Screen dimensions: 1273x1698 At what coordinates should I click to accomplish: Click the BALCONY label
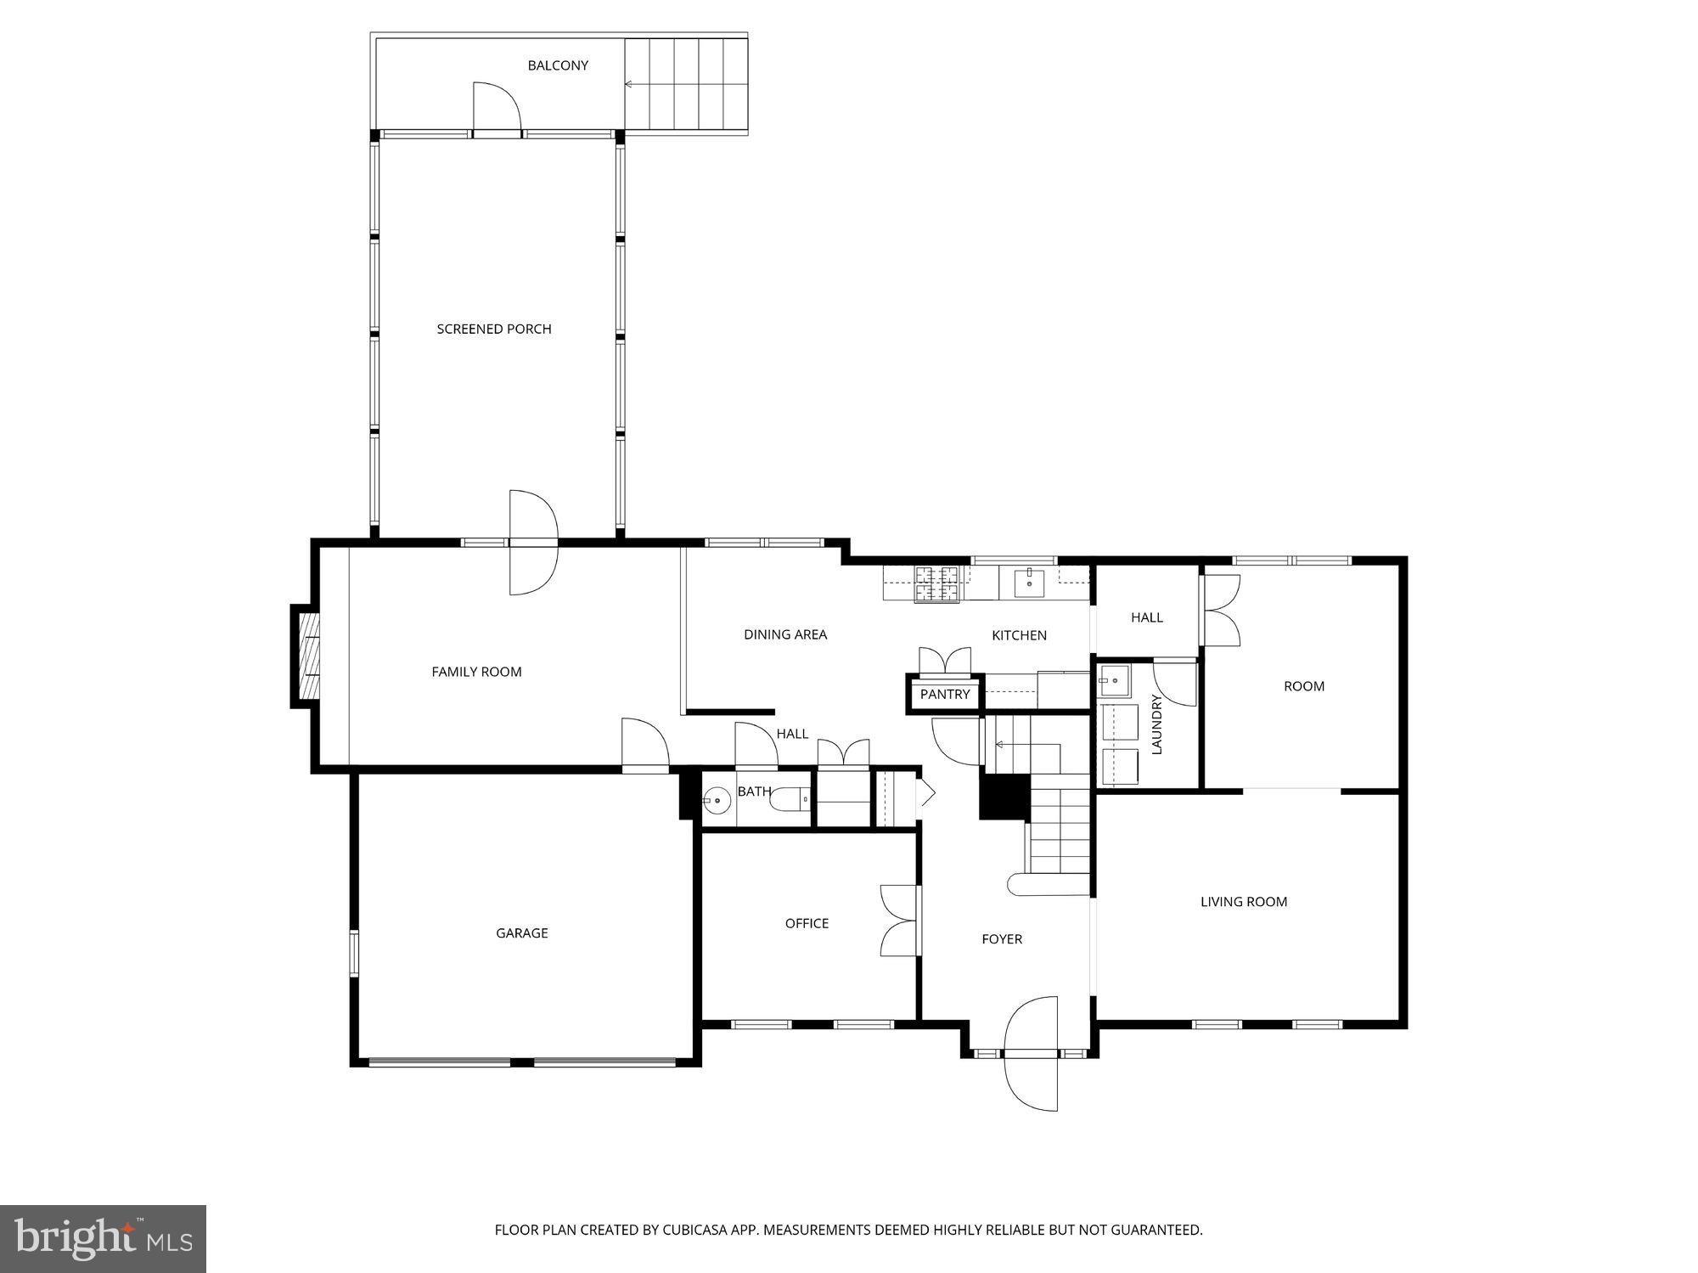coord(558,65)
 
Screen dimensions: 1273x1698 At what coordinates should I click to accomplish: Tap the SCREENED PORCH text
coord(494,329)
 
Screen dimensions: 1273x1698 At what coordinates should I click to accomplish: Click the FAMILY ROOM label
coord(476,672)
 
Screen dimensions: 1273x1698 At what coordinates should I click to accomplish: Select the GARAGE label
coord(521,932)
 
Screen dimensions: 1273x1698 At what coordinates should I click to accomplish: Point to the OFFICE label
coord(807,923)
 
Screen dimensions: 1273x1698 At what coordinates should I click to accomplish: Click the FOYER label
coord(1002,938)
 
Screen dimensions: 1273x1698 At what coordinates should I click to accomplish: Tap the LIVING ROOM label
coord(1244,902)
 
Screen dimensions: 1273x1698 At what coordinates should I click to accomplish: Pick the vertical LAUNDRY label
coord(1156,724)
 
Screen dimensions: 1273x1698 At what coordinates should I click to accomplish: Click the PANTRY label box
coord(945,695)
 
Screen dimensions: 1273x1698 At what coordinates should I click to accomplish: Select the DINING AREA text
coord(785,634)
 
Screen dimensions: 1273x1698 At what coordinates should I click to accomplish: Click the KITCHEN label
coord(1019,635)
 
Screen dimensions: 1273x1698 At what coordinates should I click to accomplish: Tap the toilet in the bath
coord(795,799)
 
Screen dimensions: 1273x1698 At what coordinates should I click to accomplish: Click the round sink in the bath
coord(717,800)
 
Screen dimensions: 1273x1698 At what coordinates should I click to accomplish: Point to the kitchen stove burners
coord(936,584)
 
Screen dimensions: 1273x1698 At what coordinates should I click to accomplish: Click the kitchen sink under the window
coord(1029,583)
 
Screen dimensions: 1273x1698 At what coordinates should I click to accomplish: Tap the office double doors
coord(901,921)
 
